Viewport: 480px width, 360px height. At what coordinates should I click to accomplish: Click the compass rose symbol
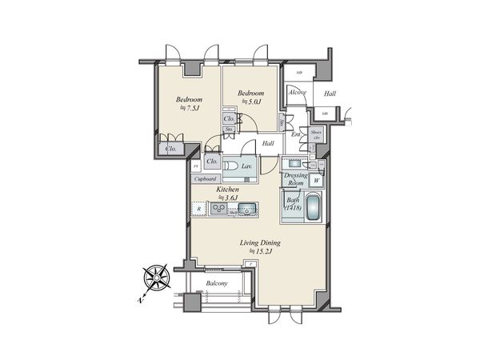click(x=155, y=279)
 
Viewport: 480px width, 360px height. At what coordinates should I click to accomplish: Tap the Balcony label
click(x=217, y=284)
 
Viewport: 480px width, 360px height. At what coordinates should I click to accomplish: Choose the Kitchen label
click(x=230, y=190)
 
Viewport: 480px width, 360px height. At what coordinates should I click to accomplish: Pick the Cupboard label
click(x=207, y=178)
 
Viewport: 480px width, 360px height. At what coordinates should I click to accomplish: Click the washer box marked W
click(x=316, y=180)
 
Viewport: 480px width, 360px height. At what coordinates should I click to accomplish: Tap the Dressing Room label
click(x=296, y=178)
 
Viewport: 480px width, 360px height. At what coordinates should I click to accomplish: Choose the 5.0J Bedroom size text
click(x=250, y=101)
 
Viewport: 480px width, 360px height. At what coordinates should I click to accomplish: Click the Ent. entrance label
click(x=295, y=134)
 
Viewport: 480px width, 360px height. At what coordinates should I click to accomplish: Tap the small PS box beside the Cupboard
click(x=196, y=166)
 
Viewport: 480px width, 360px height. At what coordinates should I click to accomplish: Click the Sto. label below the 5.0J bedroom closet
click(x=229, y=129)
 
